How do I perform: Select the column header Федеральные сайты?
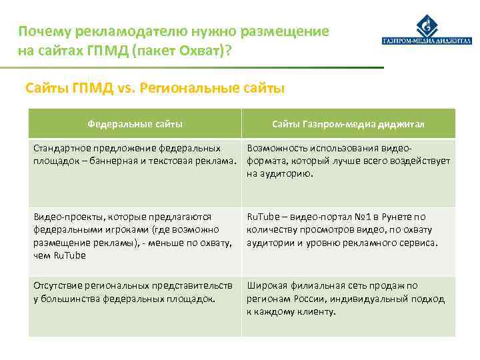click(135, 125)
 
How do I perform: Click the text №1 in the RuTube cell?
click(357, 217)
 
